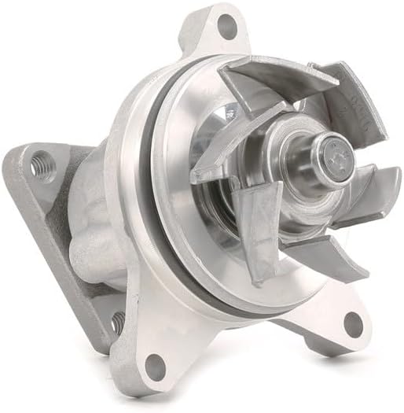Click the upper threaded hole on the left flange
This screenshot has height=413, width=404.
pos(37,166)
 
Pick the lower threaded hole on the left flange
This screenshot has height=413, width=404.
pos(117,321)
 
